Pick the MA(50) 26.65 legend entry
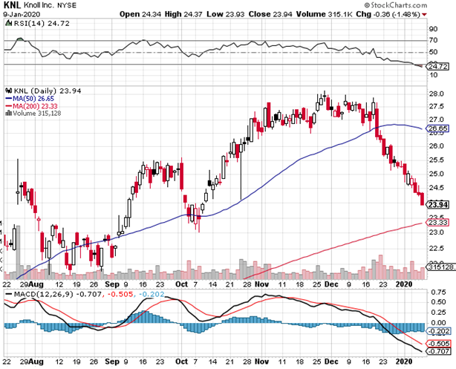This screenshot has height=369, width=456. click(29, 98)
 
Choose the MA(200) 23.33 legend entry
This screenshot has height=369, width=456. click(30, 105)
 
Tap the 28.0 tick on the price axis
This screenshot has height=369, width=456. click(437, 94)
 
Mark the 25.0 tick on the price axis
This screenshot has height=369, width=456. click(437, 173)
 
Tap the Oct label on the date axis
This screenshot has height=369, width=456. click(183, 283)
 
